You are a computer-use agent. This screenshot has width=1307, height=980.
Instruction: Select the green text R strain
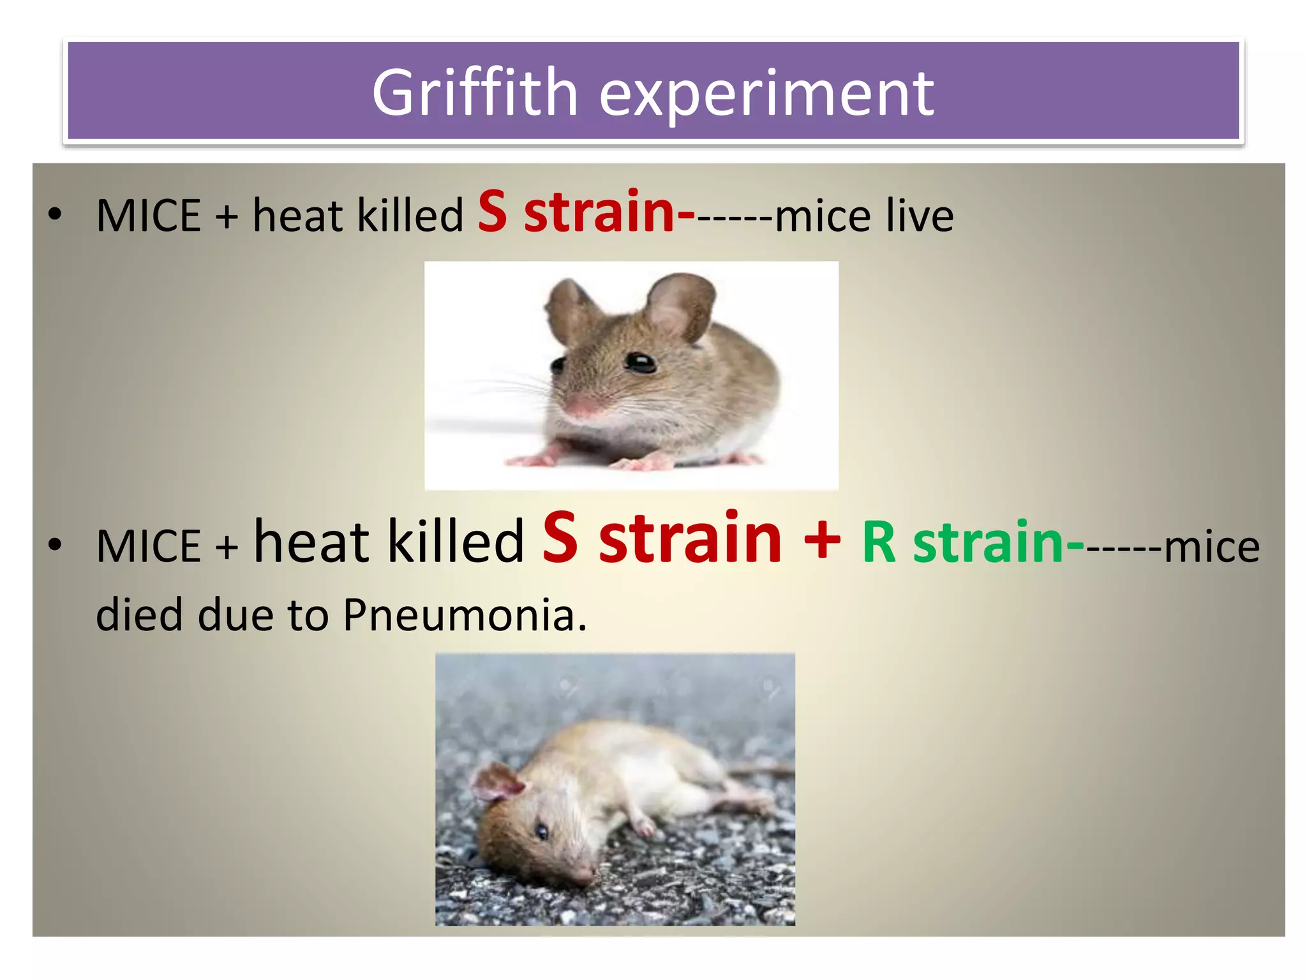point(963,542)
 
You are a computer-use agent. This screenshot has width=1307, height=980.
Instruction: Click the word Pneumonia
point(464,615)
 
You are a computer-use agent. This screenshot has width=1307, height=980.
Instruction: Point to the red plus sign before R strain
point(822,539)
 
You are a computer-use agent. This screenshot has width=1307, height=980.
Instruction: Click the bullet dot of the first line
point(56,214)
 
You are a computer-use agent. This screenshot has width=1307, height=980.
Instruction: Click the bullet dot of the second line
point(56,545)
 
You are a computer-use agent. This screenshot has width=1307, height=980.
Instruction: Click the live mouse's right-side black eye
point(639,362)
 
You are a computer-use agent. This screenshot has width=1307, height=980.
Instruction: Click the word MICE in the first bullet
point(149,216)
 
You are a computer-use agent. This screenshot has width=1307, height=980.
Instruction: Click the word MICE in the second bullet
point(149,546)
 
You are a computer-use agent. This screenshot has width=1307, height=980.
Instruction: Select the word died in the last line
point(139,615)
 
